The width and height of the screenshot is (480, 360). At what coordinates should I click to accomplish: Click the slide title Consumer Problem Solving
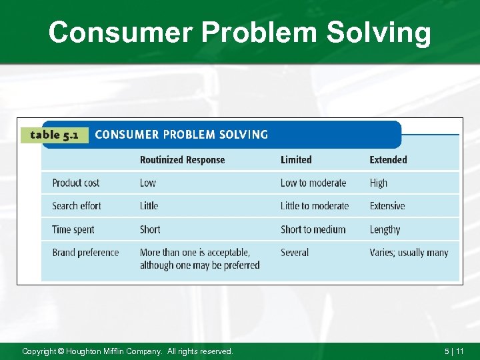point(240,32)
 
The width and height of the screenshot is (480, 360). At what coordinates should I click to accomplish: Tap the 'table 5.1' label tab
point(55,135)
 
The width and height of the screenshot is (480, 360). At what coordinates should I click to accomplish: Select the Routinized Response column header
point(182,160)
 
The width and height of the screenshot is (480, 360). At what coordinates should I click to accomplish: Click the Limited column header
point(296,160)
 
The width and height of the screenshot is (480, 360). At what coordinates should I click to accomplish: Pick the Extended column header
point(388,160)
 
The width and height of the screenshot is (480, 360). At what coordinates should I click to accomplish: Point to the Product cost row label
point(76,183)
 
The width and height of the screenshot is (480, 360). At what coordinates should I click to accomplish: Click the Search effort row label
point(77,206)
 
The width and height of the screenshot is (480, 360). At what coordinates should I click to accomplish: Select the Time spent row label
point(73,229)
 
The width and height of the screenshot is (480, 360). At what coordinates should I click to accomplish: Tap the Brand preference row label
point(85,253)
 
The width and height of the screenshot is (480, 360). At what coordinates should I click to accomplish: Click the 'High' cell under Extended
point(379,183)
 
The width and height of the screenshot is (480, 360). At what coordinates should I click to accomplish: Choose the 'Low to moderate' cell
point(313,183)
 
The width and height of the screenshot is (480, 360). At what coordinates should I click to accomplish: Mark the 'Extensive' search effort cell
point(387,206)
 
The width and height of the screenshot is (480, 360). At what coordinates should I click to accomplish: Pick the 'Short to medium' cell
point(313,229)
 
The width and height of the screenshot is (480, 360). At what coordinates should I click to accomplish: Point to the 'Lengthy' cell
point(385,229)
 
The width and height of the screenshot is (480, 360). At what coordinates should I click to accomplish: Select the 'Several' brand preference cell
point(295,253)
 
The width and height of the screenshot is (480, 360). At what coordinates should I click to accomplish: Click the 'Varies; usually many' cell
point(409,253)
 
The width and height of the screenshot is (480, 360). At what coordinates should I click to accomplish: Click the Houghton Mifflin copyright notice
point(127,351)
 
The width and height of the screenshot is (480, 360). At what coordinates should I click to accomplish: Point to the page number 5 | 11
point(455,351)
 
